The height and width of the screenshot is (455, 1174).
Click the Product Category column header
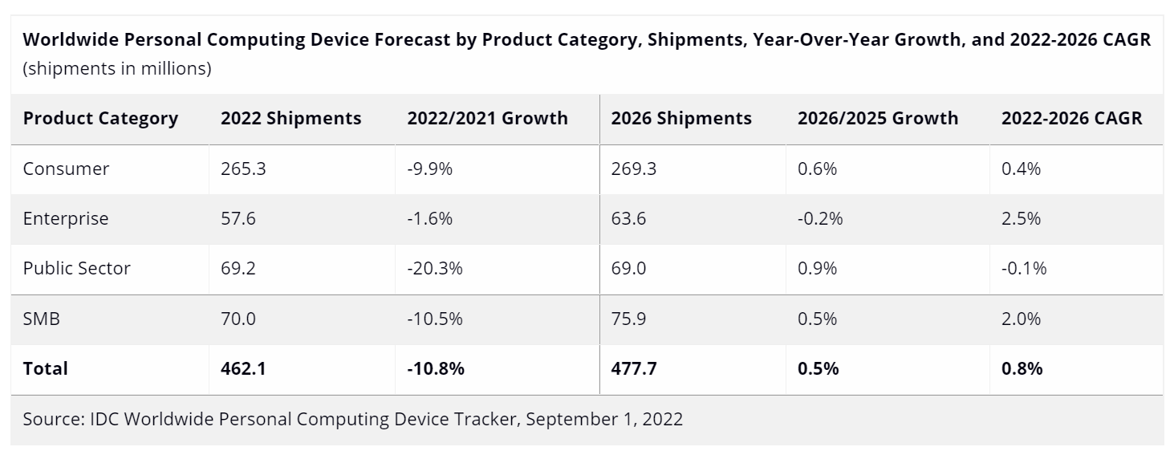tap(100, 119)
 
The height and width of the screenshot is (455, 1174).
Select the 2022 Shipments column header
tap(290, 119)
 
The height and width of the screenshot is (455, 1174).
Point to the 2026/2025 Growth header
tap(877, 119)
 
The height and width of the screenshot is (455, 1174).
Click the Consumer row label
tap(66, 169)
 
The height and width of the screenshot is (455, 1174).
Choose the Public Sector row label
tap(76, 268)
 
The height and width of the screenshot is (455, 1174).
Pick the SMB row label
tap(42, 319)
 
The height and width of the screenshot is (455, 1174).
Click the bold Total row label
tap(46, 368)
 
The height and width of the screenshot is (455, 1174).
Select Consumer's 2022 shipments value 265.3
tap(239, 169)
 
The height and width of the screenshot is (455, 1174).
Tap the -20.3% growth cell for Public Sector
tap(434, 268)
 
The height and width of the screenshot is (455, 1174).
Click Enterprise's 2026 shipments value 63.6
tap(628, 218)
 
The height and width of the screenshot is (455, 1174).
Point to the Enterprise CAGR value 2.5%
tap(1021, 218)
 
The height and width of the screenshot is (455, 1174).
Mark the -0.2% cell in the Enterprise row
tap(820, 218)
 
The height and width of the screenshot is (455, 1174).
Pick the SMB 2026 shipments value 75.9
tap(628, 319)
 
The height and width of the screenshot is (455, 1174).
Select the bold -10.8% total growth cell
tap(436, 368)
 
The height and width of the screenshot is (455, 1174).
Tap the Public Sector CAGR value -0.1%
tap(1024, 268)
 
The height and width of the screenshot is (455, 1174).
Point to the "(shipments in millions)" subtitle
tap(117, 69)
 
